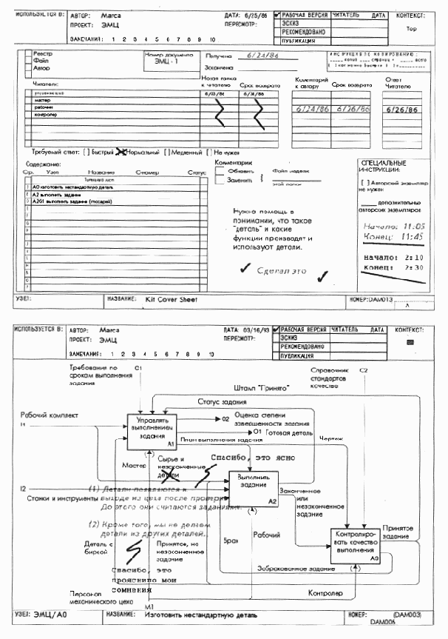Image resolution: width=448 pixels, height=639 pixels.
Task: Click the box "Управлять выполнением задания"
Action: coord(152,429)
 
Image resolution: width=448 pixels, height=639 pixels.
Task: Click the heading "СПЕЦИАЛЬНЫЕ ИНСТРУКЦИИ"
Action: coord(382,166)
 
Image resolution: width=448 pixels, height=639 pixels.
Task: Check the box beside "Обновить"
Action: coord(220,170)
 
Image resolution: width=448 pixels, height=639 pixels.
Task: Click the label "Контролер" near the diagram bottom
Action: coord(325,593)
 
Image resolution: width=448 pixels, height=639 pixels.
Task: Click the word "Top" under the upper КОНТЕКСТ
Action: coord(412,30)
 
